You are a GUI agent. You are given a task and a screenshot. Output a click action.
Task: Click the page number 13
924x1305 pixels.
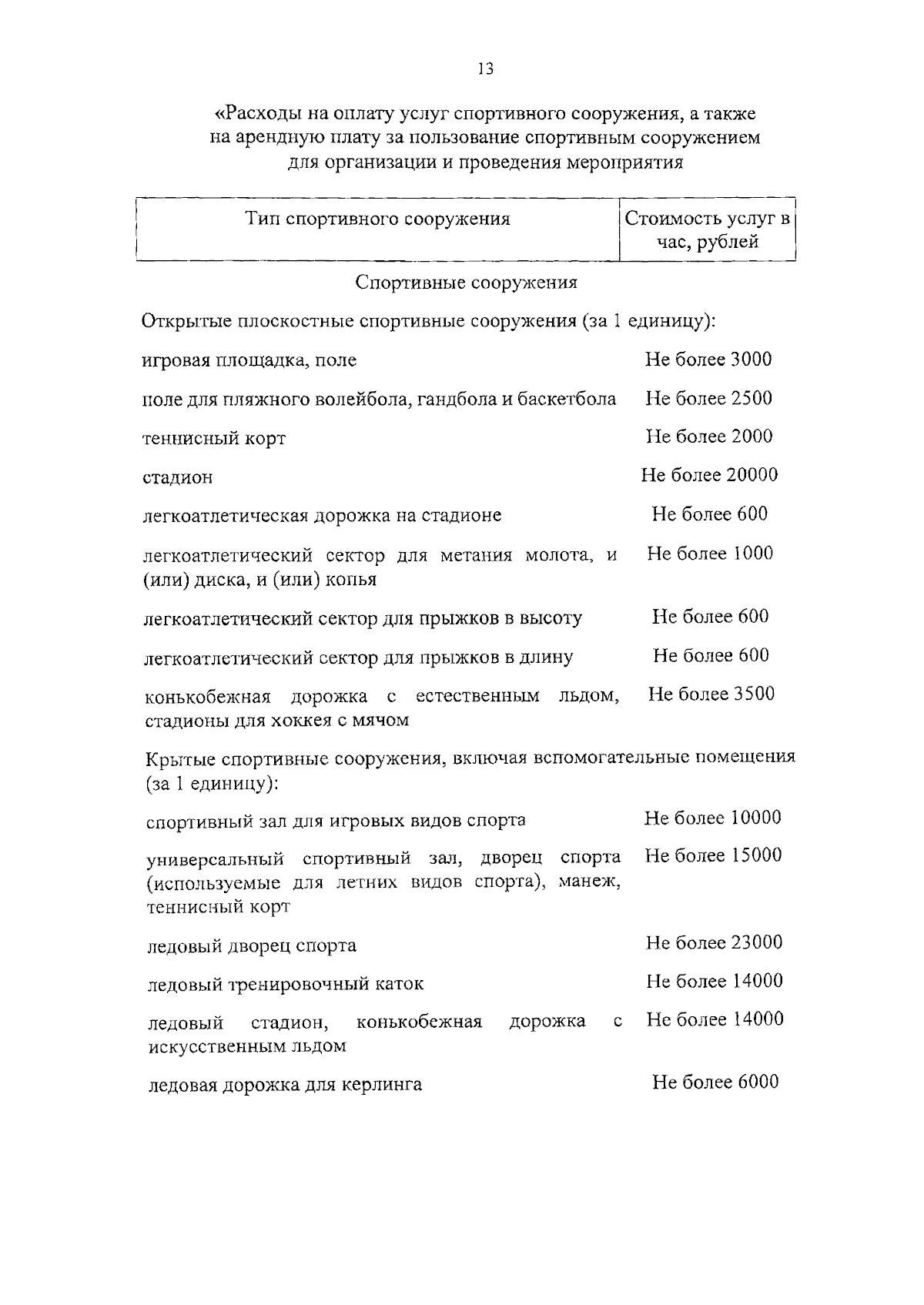click(x=485, y=69)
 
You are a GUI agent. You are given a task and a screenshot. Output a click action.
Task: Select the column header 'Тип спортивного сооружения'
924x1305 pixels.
click(x=377, y=219)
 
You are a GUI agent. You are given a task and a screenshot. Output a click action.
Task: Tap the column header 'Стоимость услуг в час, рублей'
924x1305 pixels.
click(x=707, y=230)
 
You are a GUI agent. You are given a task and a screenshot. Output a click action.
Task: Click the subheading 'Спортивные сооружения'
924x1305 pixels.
click(x=466, y=283)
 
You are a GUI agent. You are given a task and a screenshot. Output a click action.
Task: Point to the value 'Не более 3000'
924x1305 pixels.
click(x=708, y=360)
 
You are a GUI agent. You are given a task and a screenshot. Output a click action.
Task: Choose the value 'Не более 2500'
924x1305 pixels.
click(x=708, y=398)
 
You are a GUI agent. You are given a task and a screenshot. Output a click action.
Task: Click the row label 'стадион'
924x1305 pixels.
click(x=178, y=477)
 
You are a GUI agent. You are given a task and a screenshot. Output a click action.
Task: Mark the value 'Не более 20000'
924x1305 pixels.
click(x=709, y=475)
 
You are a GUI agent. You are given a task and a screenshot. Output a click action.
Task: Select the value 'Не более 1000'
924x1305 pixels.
click(x=710, y=554)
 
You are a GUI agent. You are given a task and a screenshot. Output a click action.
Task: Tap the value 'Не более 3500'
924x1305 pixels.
click(x=711, y=694)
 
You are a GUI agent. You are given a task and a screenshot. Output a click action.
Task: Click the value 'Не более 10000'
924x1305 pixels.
click(x=712, y=818)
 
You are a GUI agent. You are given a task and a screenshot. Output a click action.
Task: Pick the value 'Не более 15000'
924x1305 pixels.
click(x=713, y=855)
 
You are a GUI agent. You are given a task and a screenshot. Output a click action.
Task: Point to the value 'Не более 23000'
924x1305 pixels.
click(x=714, y=942)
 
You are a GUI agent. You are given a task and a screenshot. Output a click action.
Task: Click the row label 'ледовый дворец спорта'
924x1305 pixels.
click(x=252, y=945)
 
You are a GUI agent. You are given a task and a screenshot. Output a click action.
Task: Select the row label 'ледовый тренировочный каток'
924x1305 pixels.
click(x=285, y=984)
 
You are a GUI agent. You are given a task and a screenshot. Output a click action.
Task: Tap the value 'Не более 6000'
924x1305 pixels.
click(x=715, y=1082)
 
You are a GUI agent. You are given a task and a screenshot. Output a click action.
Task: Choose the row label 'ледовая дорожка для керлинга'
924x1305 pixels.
click(x=285, y=1086)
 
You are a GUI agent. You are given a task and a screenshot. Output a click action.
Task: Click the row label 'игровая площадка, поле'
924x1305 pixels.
click(x=249, y=360)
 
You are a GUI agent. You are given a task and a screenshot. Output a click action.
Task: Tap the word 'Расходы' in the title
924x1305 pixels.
click(x=258, y=115)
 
